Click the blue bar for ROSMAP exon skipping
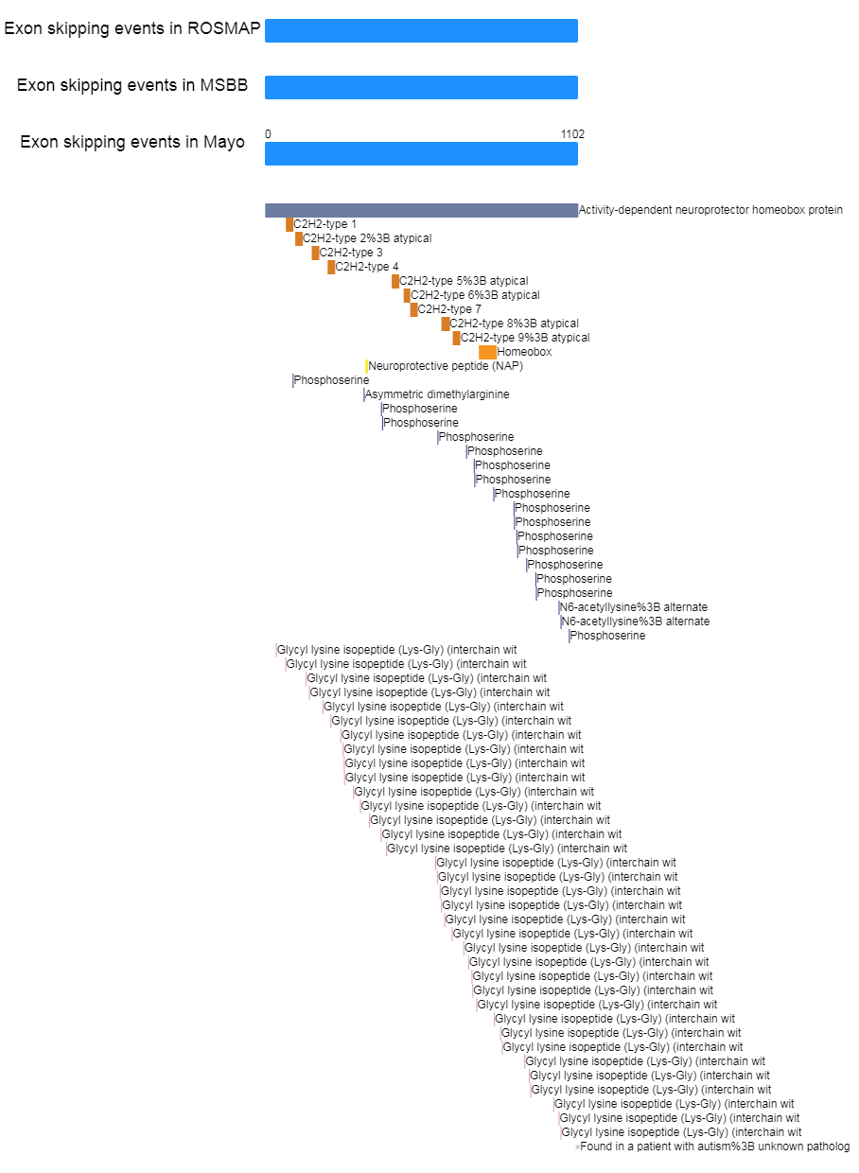click(421, 30)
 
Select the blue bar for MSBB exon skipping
click(421, 87)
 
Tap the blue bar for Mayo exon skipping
click(421, 153)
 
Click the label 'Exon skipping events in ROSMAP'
click(132, 28)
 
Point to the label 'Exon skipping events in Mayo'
click(132, 142)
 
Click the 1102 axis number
click(572, 134)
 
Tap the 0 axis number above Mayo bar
click(268, 134)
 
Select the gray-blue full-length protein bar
click(421, 210)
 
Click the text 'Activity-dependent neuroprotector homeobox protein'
click(710, 210)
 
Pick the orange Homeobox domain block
click(487, 352)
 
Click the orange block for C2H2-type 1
click(289, 224)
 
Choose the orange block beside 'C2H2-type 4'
click(331, 267)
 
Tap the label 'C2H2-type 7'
click(448, 309)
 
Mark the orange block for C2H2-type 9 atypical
click(456, 338)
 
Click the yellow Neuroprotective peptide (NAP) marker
click(367, 366)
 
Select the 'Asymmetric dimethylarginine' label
click(437, 394)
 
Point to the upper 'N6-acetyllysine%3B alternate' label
click(634, 607)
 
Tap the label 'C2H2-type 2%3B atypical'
click(367, 238)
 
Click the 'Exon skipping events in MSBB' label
click(132, 85)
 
